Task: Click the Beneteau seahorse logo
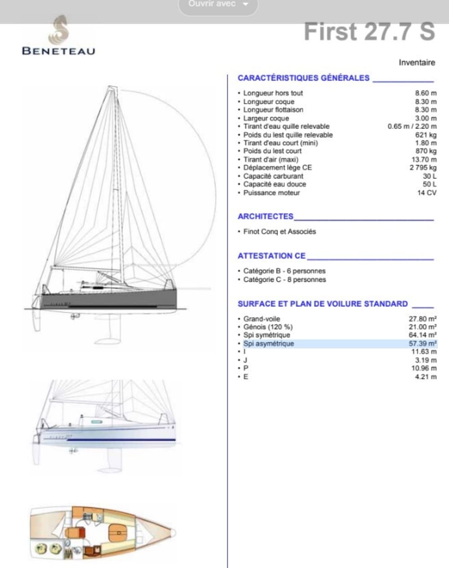tap(59, 30)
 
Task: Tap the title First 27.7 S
tap(370, 31)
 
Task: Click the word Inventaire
tap(417, 62)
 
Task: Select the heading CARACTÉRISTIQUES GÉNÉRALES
tap(304, 78)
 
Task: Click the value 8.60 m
tap(425, 93)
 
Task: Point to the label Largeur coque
tap(266, 118)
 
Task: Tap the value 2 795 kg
tap(423, 168)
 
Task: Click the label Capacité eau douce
tap(274, 184)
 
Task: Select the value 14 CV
tap(427, 193)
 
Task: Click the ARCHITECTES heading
tap(265, 216)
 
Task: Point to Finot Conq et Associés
tap(279, 231)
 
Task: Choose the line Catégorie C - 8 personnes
tap(284, 280)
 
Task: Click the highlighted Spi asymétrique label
tap(269, 344)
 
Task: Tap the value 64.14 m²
tap(423, 335)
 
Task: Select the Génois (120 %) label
tap(268, 327)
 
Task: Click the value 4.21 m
tap(425, 377)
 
